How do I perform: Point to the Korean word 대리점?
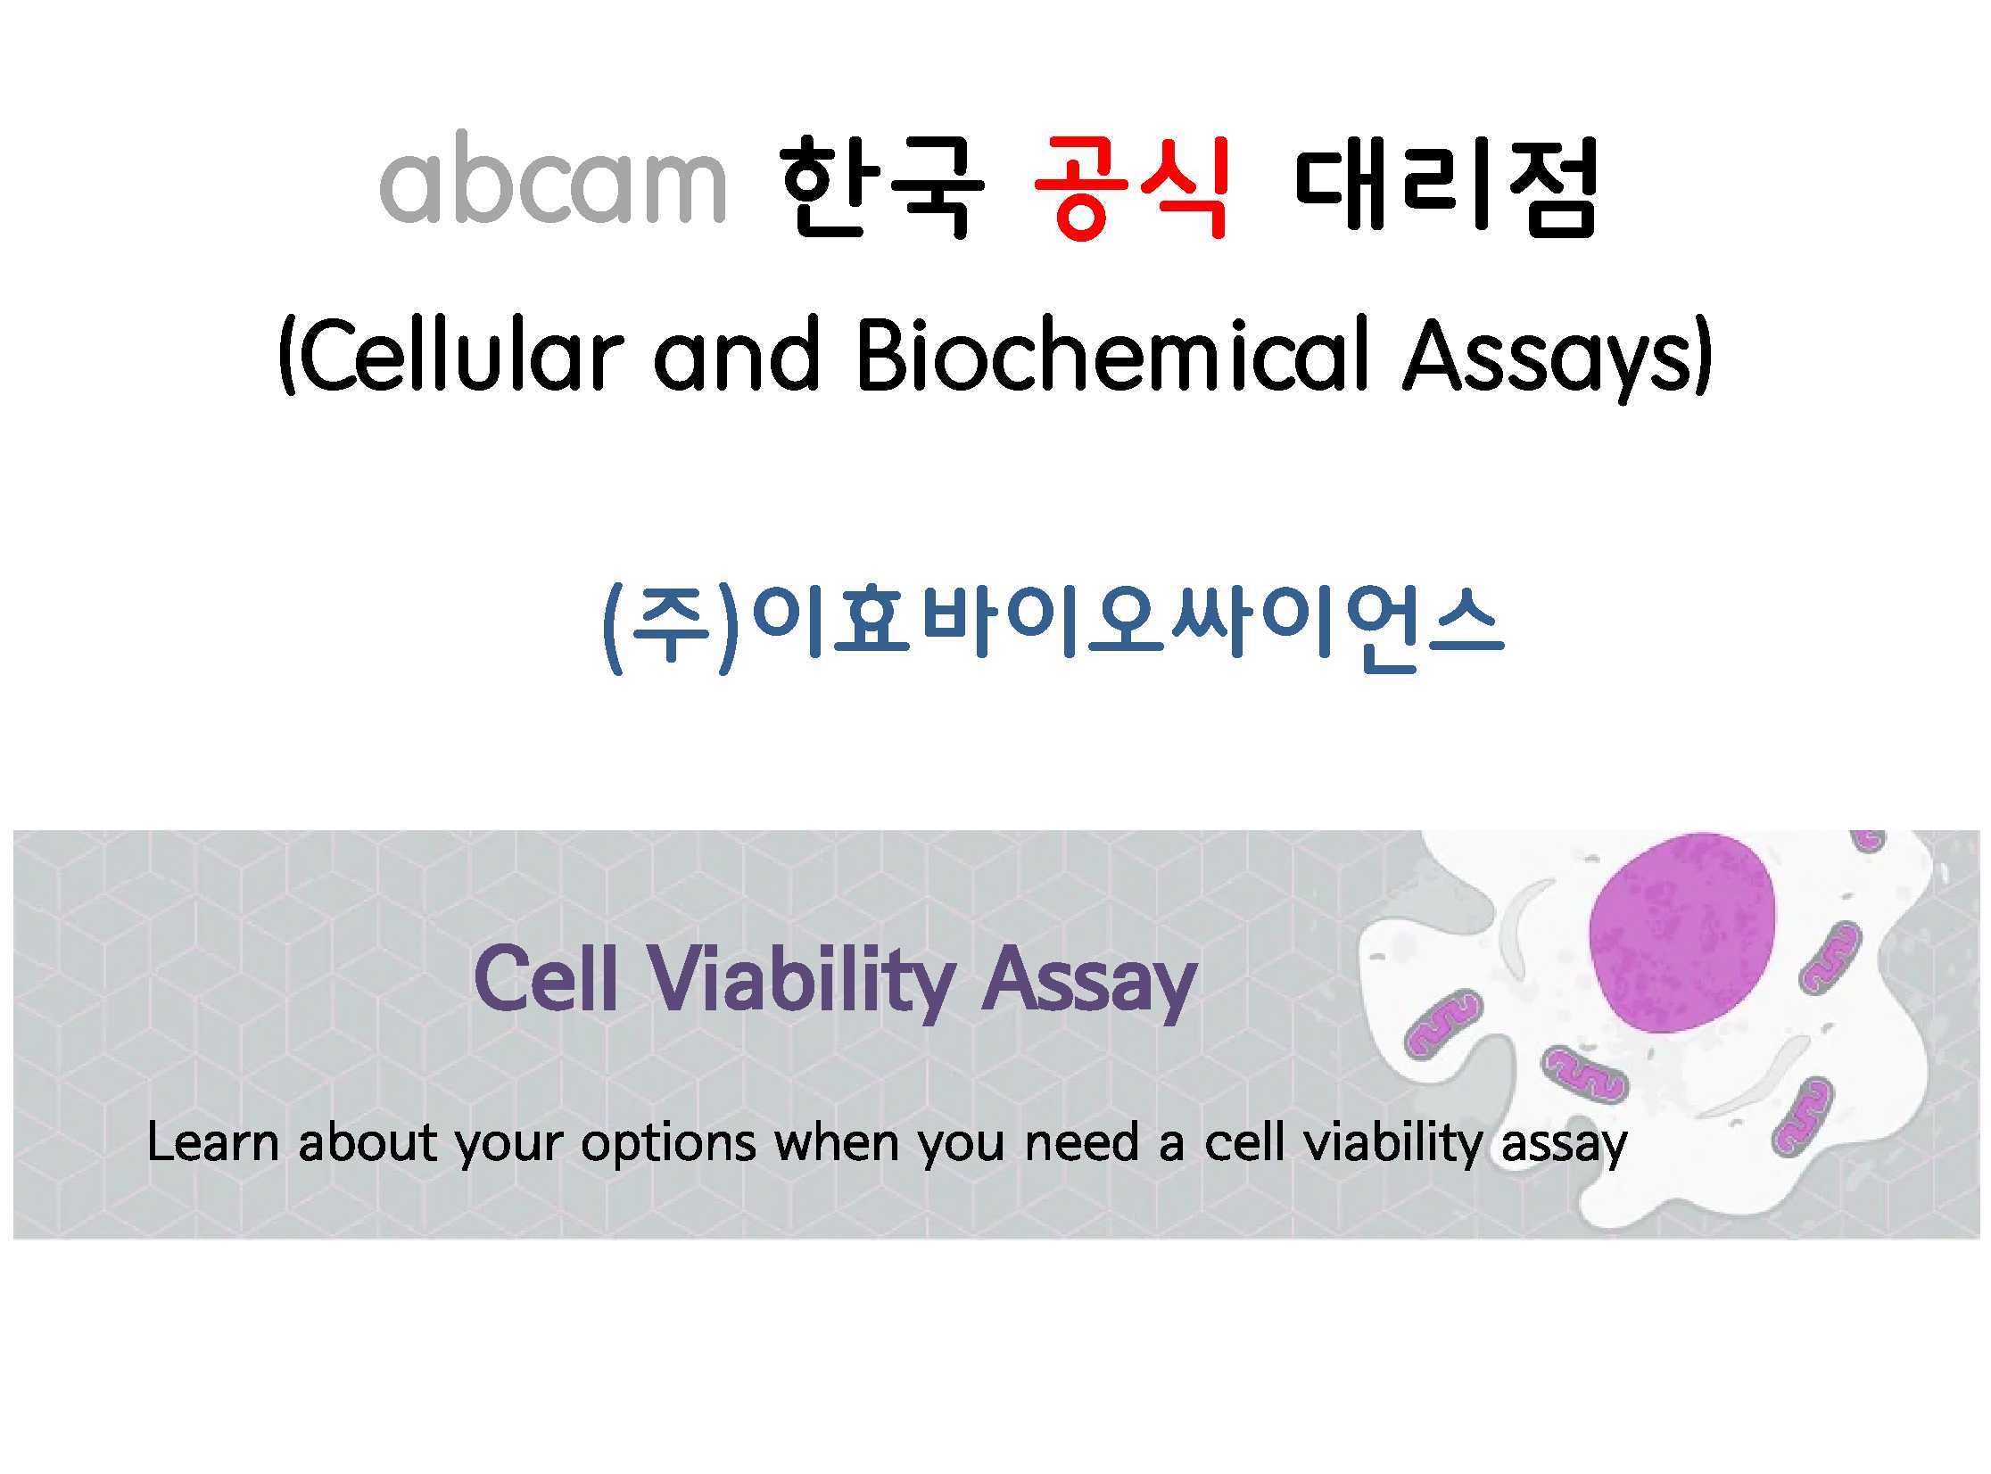tap(1445, 187)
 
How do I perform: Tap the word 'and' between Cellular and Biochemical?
tap(737, 354)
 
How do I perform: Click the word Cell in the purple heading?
tap(546, 979)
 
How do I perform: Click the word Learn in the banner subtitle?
tap(212, 1143)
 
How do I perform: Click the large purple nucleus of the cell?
tap(1682, 933)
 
